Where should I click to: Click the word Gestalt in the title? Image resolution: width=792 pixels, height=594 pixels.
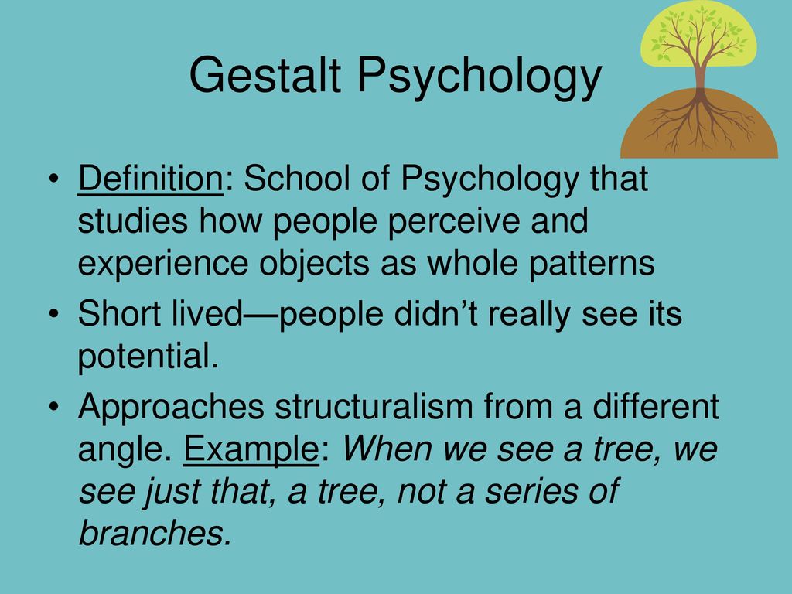[x=265, y=75]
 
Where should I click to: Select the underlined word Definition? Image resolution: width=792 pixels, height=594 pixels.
[x=151, y=179]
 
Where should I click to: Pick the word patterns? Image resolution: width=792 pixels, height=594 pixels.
[x=592, y=264]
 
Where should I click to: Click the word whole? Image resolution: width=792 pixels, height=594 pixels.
[x=472, y=263]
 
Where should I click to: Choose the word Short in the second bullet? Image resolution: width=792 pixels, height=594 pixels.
[x=119, y=313]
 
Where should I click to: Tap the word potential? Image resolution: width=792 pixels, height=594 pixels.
[x=148, y=357]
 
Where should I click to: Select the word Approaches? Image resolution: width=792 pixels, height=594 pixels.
[x=171, y=407]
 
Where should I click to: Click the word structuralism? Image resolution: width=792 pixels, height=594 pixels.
[x=374, y=406]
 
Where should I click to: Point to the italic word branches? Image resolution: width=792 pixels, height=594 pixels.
[x=155, y=532]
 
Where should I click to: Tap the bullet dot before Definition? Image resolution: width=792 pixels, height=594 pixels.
[x=54, y=179]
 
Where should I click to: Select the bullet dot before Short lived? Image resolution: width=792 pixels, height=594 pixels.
[x=54, y=314]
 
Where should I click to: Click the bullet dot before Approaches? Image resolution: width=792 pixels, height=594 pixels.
[x=54, y=407]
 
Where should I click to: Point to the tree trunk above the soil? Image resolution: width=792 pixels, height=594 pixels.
[x=700, y=76]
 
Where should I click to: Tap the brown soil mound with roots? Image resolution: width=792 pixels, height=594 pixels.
[x=699, y=125]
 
